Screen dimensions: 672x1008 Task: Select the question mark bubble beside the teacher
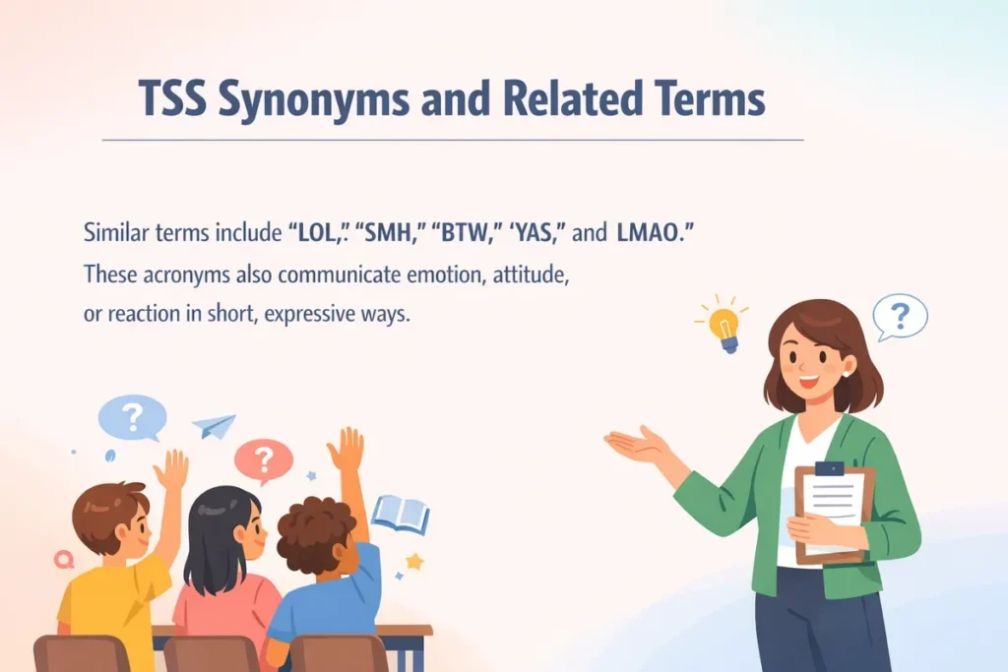(900, 317)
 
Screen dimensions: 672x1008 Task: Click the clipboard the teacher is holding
(833, 512)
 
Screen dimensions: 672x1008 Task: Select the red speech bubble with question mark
(263, 459)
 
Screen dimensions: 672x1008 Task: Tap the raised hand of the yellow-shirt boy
(172, 469)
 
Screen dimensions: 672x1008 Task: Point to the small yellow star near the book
(414, 561)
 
